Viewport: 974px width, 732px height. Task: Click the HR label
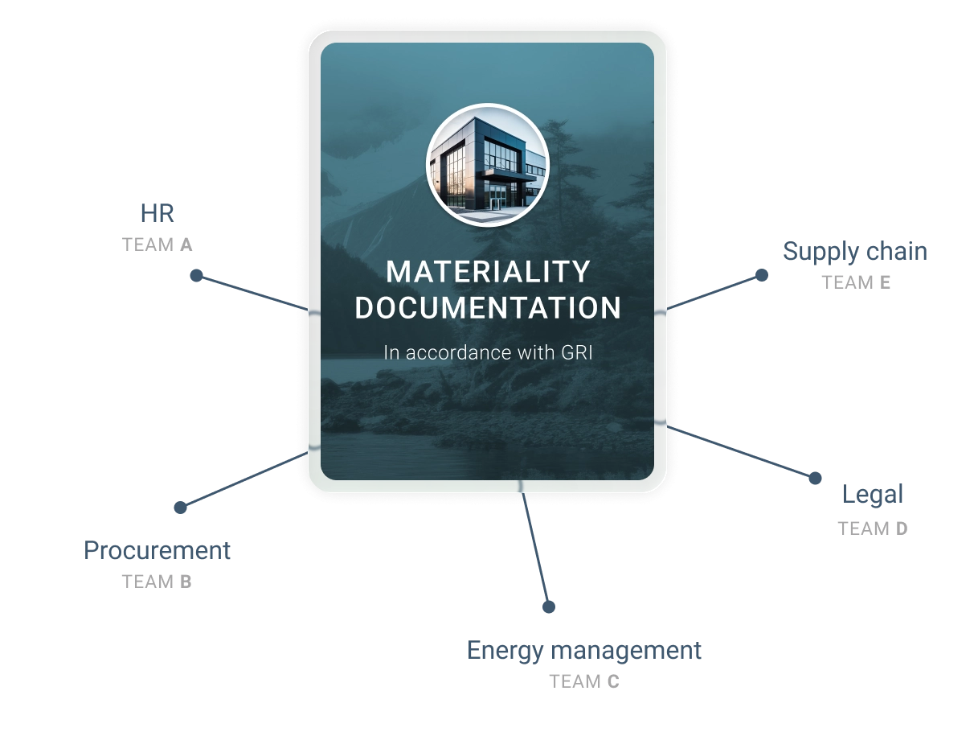(157, 214)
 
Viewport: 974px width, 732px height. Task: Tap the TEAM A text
(157, 245)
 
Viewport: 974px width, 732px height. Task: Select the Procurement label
(157, 551)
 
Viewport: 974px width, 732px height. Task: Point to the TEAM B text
(157, 582)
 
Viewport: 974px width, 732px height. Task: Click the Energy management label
(584, 652)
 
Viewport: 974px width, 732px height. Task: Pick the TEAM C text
(584, 682)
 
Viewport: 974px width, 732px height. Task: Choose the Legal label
(873, 495)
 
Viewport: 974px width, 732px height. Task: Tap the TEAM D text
(873, 529)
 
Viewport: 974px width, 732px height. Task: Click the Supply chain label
(855, 253)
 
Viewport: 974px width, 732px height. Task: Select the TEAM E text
(856, 283)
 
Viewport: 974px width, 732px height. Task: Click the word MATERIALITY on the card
(488, 272)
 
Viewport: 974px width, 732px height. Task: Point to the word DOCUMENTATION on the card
(488, 308)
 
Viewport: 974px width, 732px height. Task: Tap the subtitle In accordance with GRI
(488, 352)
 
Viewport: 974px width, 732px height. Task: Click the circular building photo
(488, 165)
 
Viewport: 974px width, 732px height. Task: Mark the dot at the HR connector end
(196, 276)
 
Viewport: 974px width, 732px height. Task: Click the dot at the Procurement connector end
(180, 508)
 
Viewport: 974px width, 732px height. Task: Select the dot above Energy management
(549, 607)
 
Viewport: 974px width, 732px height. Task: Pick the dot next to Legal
(815, 479)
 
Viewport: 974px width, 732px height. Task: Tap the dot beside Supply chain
(762, 275)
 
